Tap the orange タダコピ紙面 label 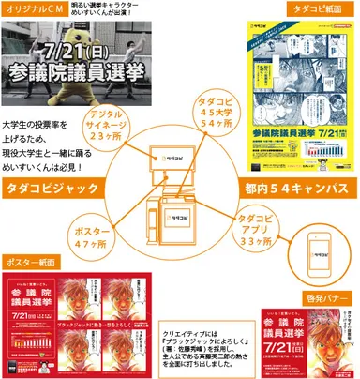tap(307, 11)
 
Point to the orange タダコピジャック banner tap(52, 185)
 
